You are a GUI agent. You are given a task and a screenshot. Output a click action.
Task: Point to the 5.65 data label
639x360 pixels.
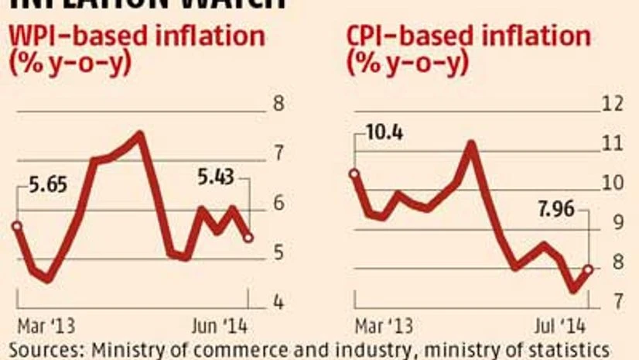tap(48, 187)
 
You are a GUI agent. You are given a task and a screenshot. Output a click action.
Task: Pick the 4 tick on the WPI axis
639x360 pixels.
tap(281, 303)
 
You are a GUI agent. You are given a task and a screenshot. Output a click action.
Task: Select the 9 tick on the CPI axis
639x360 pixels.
tap(613, 224)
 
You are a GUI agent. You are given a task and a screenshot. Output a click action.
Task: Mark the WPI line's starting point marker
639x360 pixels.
tap(16, 226)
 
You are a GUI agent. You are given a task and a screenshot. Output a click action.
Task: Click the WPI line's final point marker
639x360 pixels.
tap(248, 238)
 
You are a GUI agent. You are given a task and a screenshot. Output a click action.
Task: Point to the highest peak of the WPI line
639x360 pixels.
tap(140, 135)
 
